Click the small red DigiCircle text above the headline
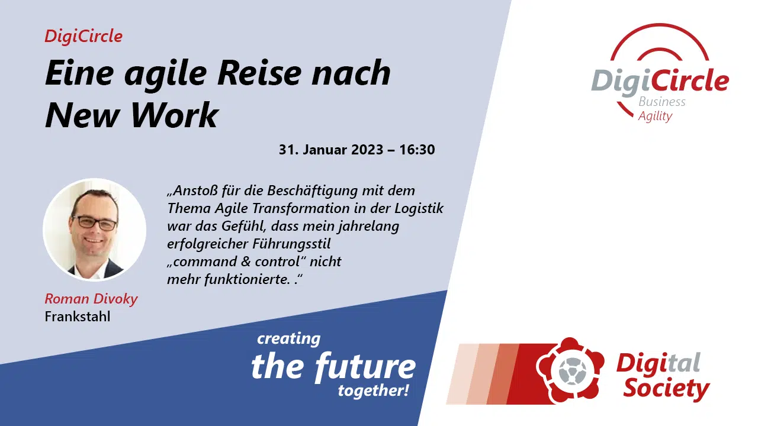[83, 37]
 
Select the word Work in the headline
[174, 115]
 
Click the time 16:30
[417, 150]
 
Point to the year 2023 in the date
[367, 150]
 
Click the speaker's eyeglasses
[95, 223]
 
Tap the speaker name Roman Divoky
[91, 299]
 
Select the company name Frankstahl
[78, 317]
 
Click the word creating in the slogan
[288, 339]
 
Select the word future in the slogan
[365, 366]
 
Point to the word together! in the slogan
[374, 391]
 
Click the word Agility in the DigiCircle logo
[655, 117]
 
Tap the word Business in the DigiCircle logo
[662, 102]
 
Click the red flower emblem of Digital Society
[570, 371]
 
